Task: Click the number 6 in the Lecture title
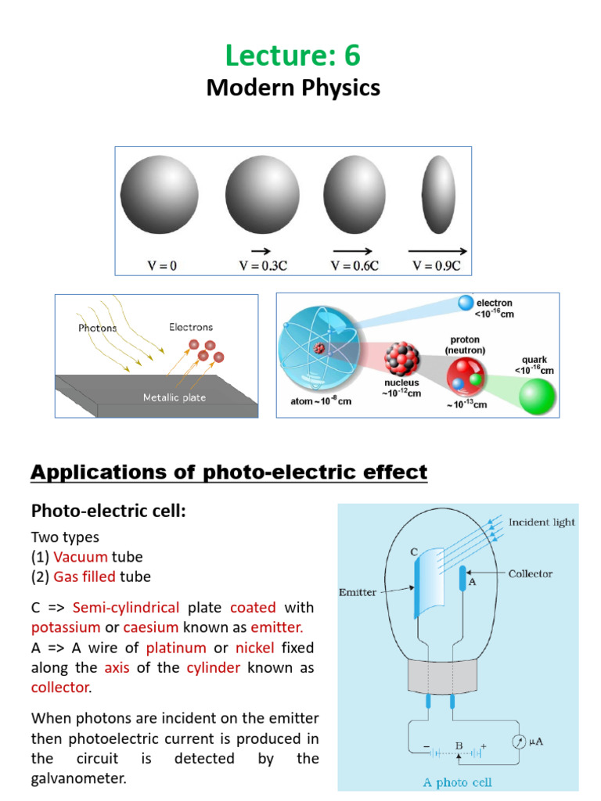(350, 56)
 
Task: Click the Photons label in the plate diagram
(97, 328)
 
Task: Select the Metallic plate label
(174, 397)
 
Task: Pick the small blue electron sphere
(465, 303)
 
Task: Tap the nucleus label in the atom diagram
(402, 387)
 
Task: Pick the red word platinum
(176, 648)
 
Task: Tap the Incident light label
(542, 522)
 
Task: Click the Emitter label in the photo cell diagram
(359, 592)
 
